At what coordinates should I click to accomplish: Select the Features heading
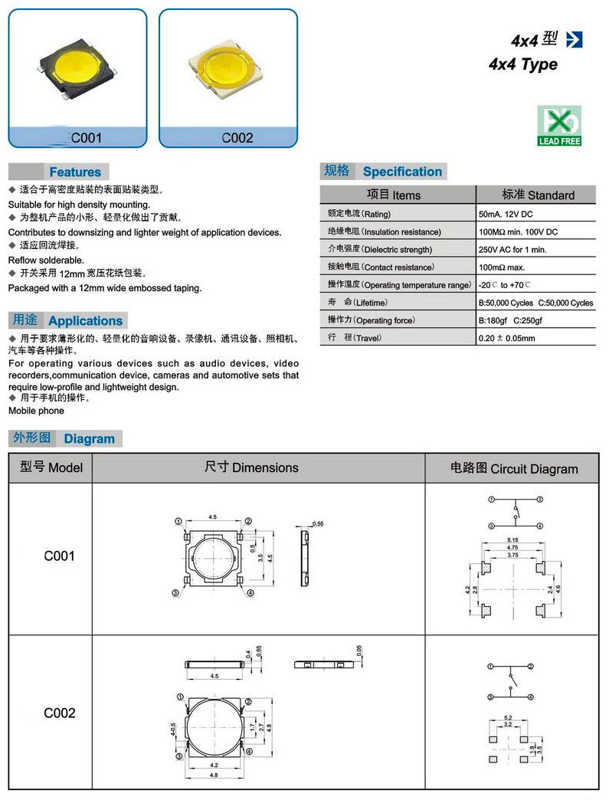74,172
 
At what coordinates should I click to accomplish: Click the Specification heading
401,172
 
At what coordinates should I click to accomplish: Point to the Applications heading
85,321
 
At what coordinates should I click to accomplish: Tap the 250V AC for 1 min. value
512,249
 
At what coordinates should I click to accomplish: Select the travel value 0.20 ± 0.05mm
506,338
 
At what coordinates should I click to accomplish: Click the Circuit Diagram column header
514,468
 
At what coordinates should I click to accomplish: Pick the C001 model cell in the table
59,556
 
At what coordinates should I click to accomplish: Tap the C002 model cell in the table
59,713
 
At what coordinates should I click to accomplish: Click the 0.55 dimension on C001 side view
318,523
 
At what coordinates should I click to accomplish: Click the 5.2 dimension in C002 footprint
507,719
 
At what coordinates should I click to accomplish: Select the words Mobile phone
36,411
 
